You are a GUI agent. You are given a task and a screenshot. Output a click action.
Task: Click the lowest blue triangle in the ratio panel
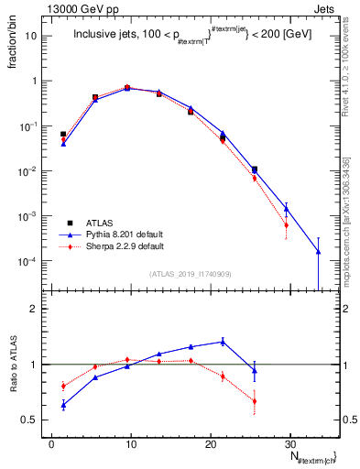coord(63,405)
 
